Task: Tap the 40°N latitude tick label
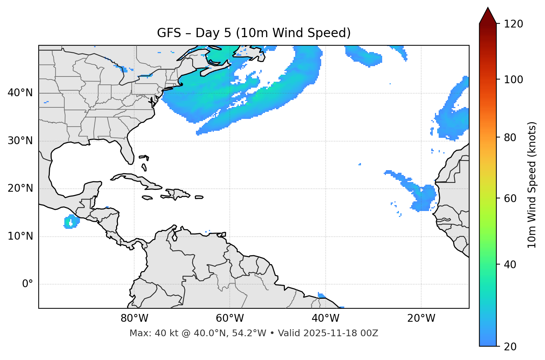tap(20, 93)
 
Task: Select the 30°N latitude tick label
tap(20, 141)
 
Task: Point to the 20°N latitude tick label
tap(20, 188)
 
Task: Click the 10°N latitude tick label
tap(20, 236)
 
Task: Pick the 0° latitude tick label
tap(28, 284)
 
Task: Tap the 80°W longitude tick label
tap(134, 318)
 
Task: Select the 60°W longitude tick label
tap(230, 318)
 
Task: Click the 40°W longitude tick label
tap(325, 318)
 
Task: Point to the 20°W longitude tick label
tap(421, 318)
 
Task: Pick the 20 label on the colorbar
tap(510, 347)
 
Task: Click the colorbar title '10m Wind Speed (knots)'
tap(532, 185)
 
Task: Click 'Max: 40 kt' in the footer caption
tap(147, 333)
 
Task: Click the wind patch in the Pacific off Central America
tap(71, 222)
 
